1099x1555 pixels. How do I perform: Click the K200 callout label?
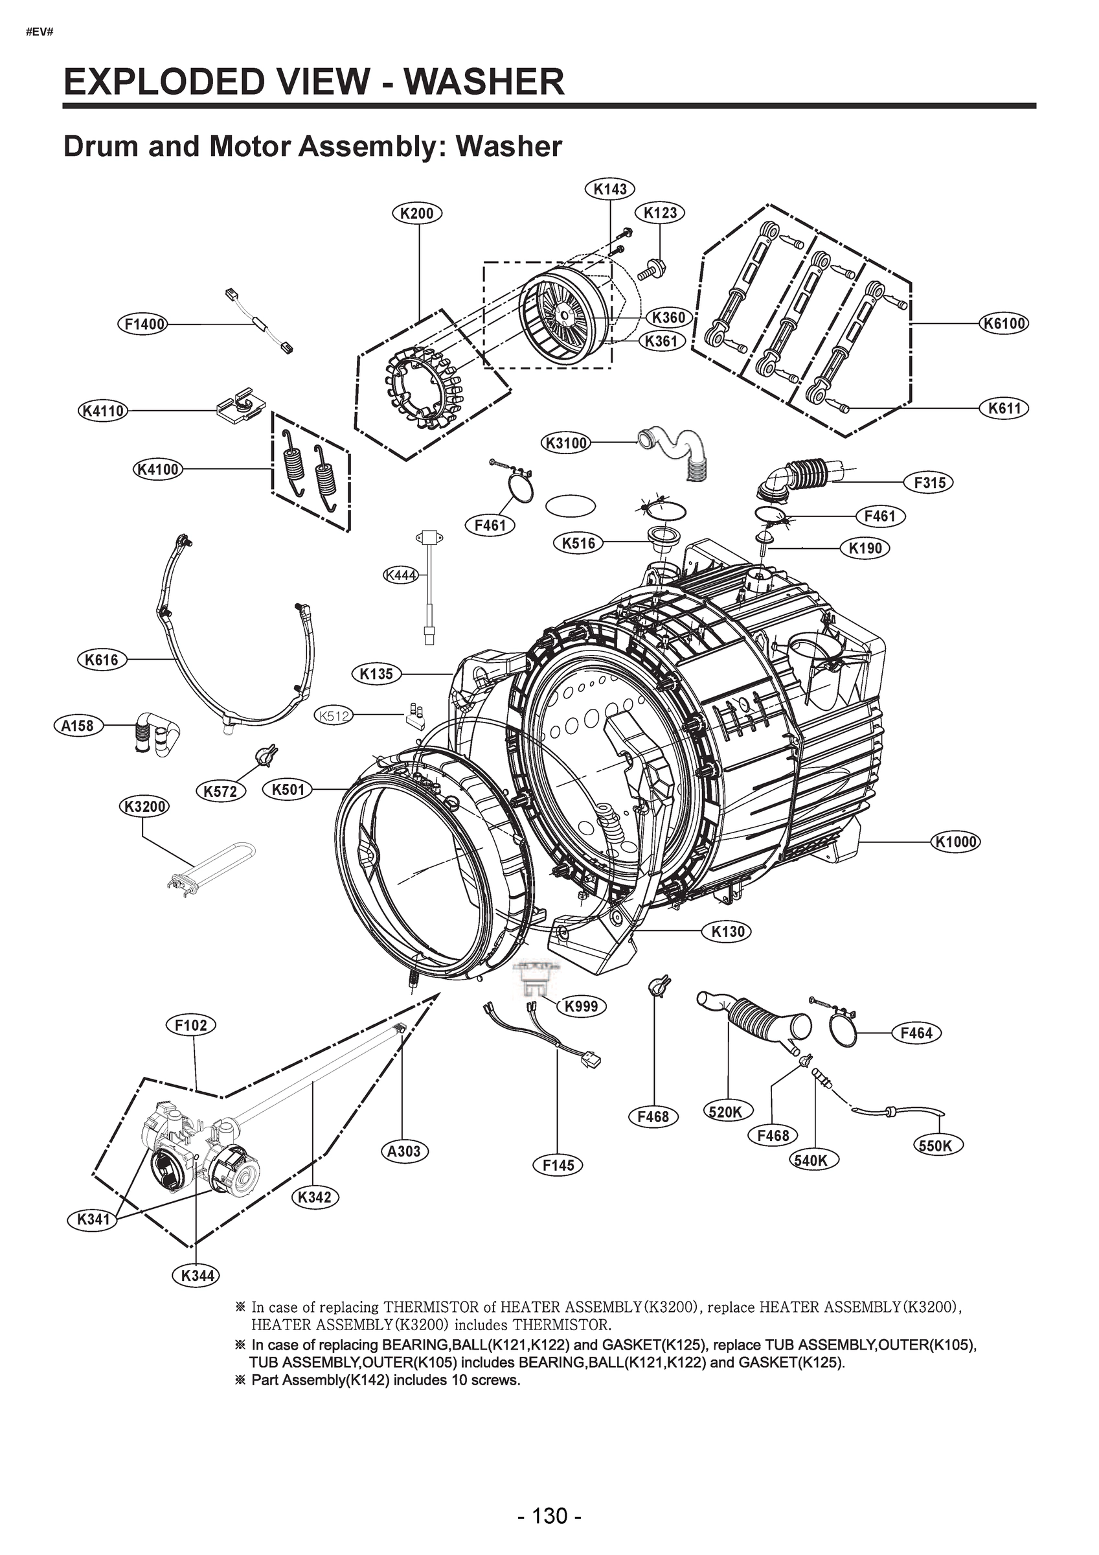(x=417, y=213)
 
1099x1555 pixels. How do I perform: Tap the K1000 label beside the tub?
(x=955, y=842)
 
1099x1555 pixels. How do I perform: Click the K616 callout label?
(x=102, y=660)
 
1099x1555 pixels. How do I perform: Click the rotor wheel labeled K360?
(x=562, y=314)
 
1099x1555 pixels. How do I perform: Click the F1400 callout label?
(x=144, y=325)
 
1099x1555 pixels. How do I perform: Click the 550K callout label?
(x=938, y=1146)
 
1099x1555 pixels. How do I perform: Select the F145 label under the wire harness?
(x=558, y=1165)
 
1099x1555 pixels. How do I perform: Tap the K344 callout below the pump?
(x=197, y=1276)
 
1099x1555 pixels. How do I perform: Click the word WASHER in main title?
(x=484, y=83)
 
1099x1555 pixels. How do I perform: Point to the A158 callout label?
(x=77, y=726)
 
